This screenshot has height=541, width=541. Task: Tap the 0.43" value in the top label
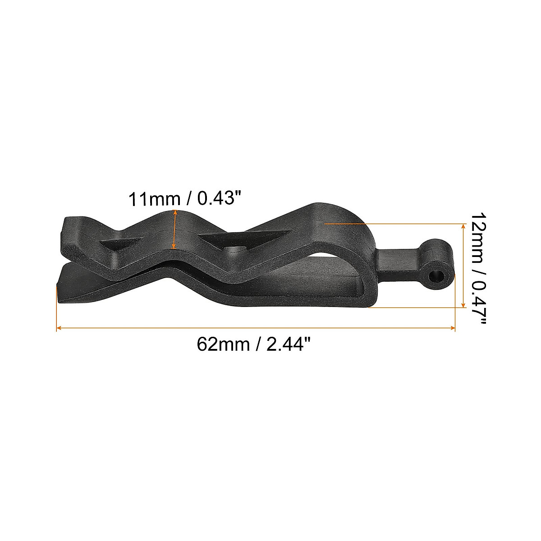pos(215,199)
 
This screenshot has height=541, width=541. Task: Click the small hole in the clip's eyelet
pos(436,275)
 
